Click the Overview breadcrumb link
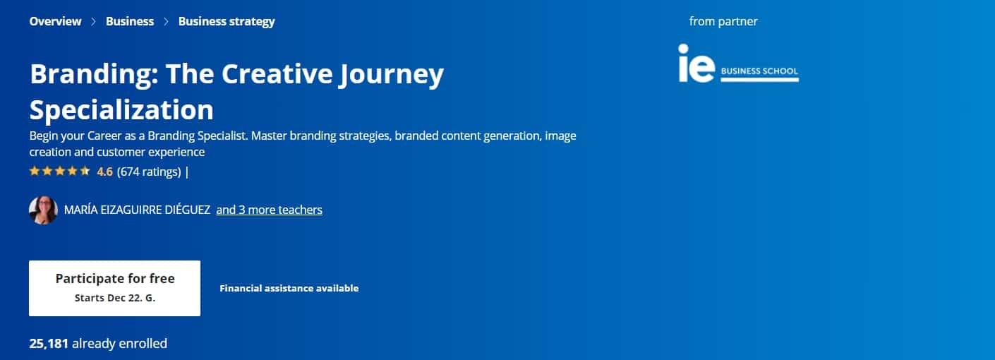(x=55, y=21)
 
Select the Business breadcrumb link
(x=130, y=21)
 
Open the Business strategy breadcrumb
(x=227, y=22)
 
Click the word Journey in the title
(x=391, y=74)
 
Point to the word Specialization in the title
(x=121, y=110)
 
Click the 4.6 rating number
(x=105, y=172)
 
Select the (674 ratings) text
(x=149, y=172)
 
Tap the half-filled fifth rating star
(x=85, y=171)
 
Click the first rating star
(x=35, y=171)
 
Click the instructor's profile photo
(x=43, y=210)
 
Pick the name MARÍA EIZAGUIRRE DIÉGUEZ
(x=138, y=210)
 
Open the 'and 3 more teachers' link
(x=269, y=210)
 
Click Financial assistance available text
(x=289, y=289)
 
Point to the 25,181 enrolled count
(x=49, y=344)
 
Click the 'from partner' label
(x=723, y=21)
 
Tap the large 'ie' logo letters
(x=696, y=63)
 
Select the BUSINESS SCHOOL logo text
(x=759, y=71)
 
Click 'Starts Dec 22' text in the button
(x=108, y=298)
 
